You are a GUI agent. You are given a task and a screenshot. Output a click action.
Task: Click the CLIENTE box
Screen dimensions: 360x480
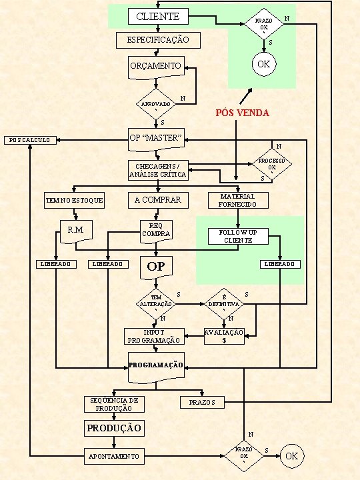[158, 16]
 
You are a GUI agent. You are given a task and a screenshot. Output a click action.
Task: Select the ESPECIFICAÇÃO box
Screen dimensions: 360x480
[158, 40]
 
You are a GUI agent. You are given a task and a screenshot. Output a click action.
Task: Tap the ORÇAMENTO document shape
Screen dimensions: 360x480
[156, 67]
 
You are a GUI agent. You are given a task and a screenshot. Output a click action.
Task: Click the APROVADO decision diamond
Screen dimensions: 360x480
[156, 104]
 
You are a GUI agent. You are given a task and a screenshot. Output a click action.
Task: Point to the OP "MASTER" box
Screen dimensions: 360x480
[156, 139]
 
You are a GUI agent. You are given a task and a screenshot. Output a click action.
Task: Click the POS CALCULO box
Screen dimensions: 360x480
[30, 140]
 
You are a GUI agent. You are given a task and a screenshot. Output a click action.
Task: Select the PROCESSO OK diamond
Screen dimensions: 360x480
[272, 164]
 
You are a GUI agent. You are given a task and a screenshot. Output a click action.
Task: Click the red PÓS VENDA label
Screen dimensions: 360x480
[243, 113]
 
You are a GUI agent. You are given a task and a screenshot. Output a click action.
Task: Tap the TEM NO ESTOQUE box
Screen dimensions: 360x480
[75, 201]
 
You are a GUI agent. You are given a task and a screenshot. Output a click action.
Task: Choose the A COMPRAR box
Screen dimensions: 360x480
[158, 200]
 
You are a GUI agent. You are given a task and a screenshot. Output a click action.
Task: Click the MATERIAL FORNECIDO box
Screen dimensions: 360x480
[238, 200]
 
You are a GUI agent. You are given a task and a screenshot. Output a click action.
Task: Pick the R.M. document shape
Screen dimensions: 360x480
[76, 231]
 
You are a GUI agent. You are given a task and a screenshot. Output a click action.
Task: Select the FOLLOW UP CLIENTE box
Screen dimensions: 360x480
[238, 236]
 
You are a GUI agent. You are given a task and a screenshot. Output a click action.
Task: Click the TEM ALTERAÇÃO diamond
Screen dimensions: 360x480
[156, 304]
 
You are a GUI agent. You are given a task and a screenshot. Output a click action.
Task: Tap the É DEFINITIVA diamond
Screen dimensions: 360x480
[224, 304]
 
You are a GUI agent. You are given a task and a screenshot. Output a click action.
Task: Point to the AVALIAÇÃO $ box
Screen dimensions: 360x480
[224, 336]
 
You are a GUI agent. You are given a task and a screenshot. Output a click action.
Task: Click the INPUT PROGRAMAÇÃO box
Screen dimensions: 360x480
[154, 336]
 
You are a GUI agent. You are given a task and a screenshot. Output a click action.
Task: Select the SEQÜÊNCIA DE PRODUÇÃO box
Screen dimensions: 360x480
[114, 405]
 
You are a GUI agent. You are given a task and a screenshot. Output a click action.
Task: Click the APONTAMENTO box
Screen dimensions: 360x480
[114, 456]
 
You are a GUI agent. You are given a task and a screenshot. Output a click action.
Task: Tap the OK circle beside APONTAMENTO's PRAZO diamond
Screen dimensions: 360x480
[292, 456]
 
